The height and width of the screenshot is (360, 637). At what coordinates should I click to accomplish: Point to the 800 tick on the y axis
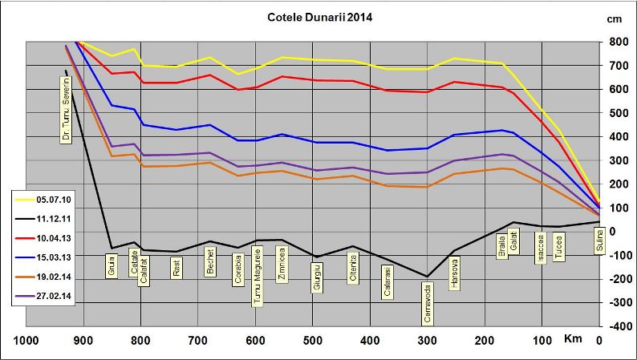[617, 42]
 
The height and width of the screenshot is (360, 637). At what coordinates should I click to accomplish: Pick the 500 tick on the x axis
[313, 341]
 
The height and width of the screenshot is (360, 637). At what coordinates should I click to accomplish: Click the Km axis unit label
[572, 341]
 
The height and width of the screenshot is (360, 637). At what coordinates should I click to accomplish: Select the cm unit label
[615, 18]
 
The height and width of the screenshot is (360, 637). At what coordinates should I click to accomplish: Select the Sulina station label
[598, 240]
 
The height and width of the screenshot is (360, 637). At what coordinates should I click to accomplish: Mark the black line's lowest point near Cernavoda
[427, 277]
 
